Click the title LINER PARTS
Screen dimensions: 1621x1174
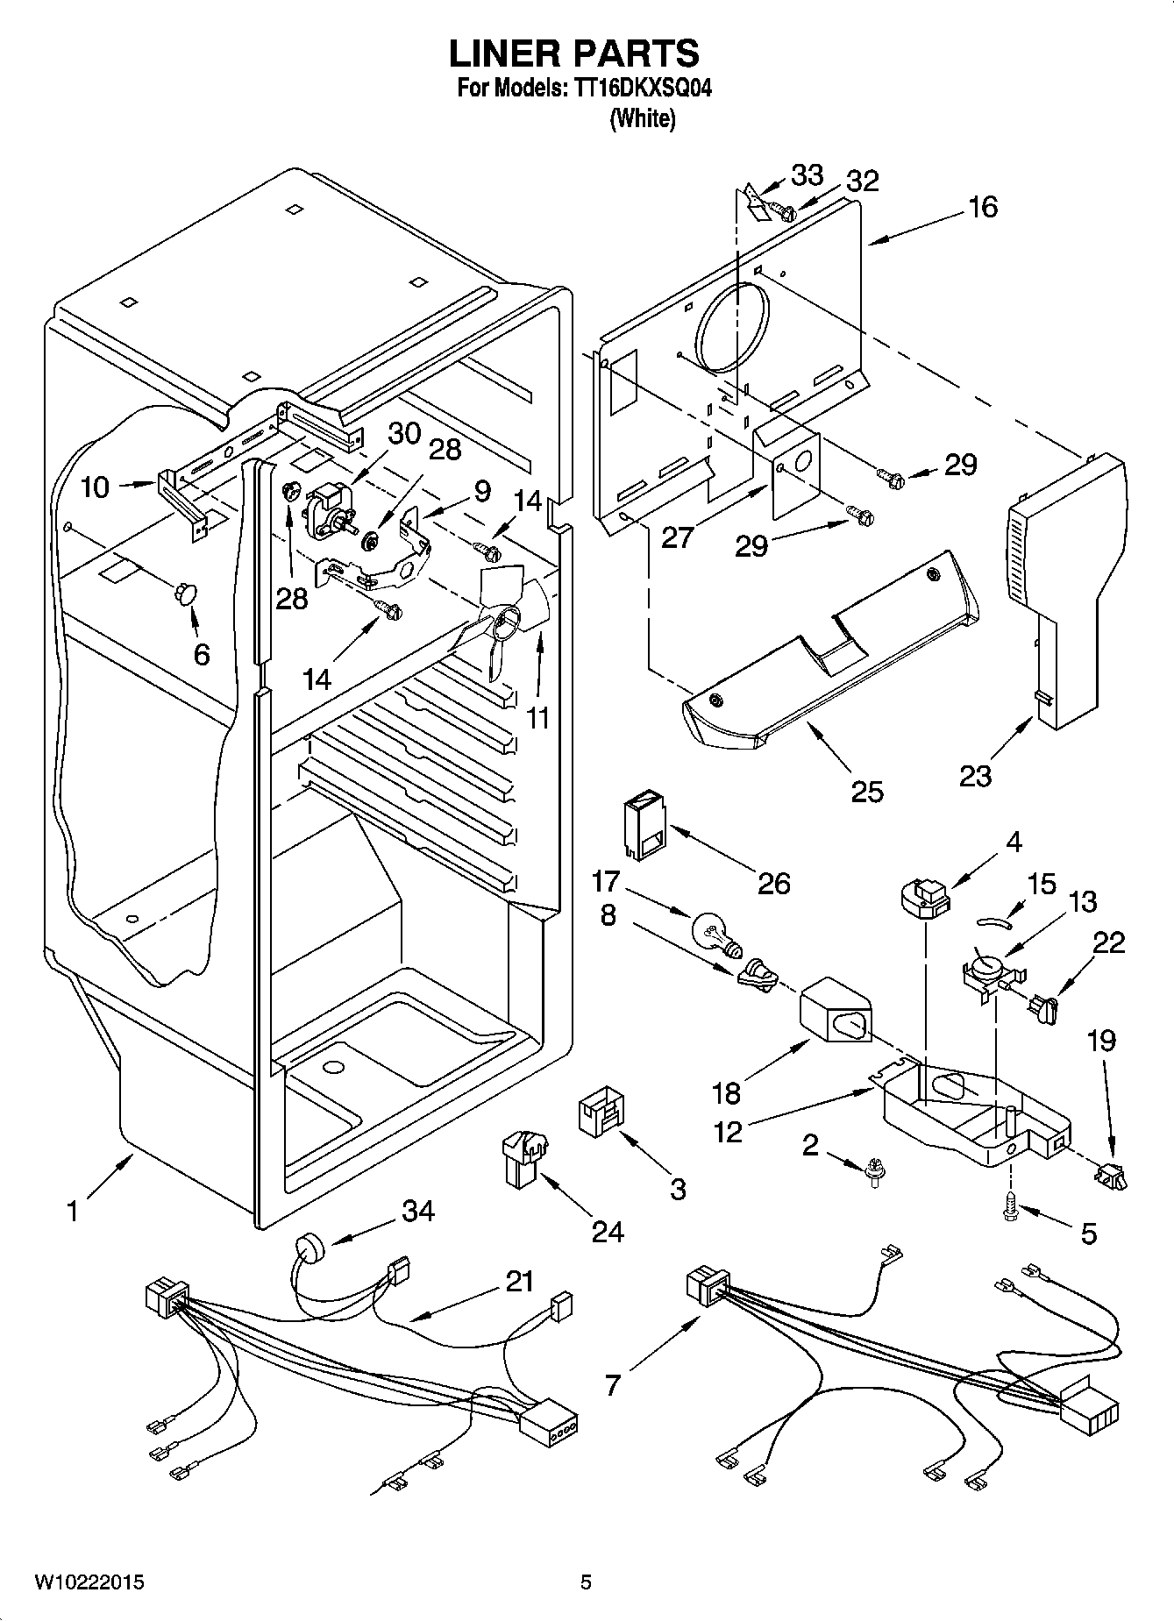[x=574, y=54]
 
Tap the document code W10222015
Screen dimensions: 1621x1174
[x=89, y=1582]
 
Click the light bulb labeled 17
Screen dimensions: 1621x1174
[x=716, y=933]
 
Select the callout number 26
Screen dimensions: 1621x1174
[x=773, y=882]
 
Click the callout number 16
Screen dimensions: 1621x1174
[x=983, y=207]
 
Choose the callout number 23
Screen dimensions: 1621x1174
[x=975, y=776]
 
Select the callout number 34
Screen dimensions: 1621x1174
[x=418, y=1212]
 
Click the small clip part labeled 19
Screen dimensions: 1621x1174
[x=1110, y=1174]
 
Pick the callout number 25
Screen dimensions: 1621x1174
[x=867, y=791]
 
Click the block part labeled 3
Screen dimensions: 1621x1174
[x=602, y=1112]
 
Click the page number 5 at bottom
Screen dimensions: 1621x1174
[x=586, y=1582]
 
